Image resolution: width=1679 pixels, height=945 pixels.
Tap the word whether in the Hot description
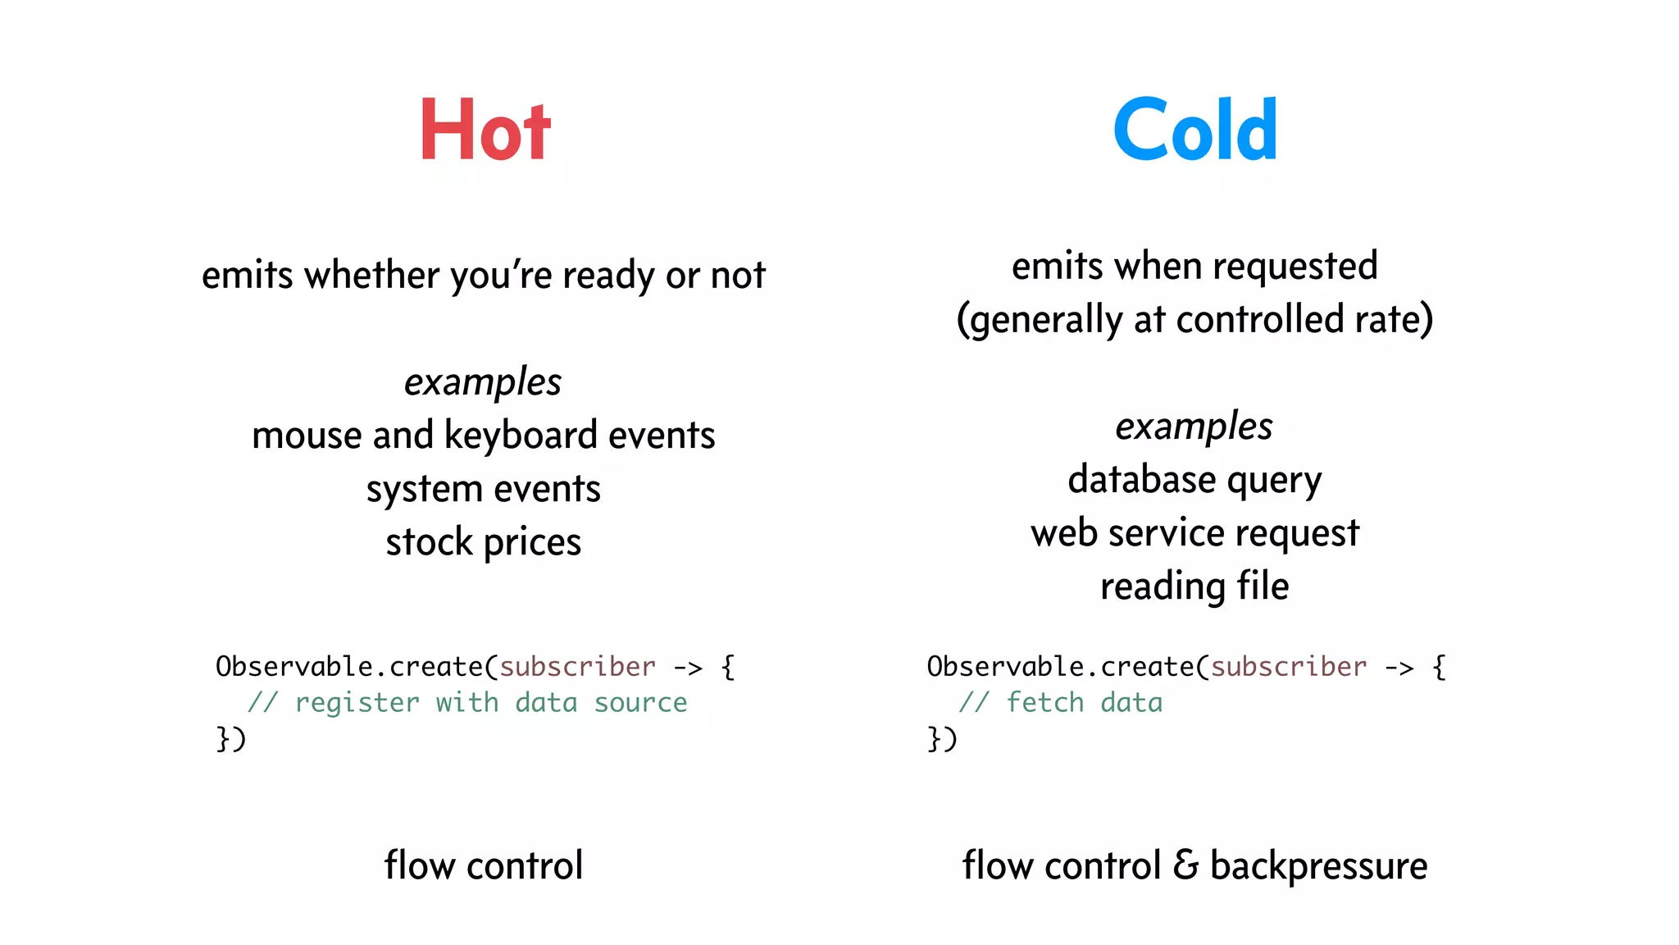click(371, 275)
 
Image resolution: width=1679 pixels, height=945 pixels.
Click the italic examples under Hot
click(483, 382)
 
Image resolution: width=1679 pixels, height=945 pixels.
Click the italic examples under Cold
click(1194, 427)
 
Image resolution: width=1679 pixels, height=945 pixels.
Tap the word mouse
click(307, 436)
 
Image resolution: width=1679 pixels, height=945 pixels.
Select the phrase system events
click(483, 489)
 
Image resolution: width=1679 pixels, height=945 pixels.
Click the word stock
click(429, 542)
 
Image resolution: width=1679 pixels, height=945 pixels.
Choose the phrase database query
click(1194, 480)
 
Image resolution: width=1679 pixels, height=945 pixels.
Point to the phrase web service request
click(1194, 533)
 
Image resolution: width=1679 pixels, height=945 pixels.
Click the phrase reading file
click(1194, 587)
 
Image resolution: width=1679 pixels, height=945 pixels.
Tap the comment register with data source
click(490, 703)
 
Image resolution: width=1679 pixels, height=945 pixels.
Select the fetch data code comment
click(1084, 703)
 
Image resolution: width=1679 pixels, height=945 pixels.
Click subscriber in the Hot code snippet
click(577, 667)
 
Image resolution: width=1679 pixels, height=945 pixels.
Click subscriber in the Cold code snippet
click(1289, 667)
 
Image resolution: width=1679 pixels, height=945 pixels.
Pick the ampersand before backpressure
click(1185, 865)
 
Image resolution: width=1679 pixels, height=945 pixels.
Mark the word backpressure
click(1318, 866)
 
